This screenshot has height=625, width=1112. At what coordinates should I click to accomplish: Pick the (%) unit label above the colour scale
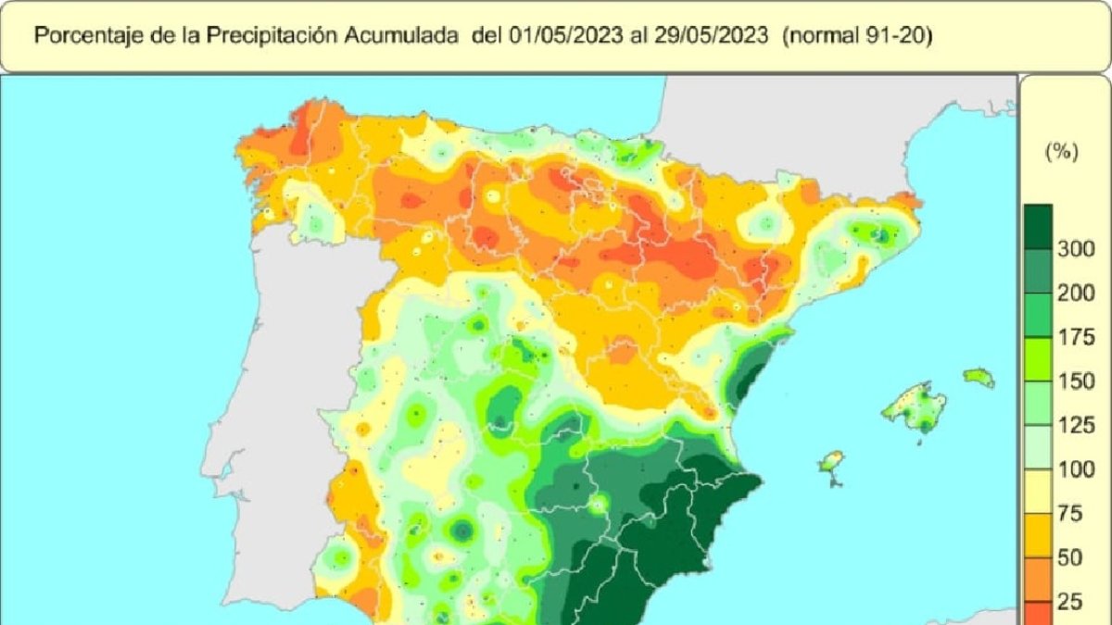(x=1061, y=154)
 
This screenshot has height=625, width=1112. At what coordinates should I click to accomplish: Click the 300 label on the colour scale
(x=1076, y=249)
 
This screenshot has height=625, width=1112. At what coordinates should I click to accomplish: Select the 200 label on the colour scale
(x=1076, y=294)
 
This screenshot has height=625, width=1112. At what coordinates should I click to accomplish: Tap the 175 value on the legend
(x=1076, y=338)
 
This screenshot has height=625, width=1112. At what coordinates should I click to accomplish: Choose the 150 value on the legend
(x=1076, y=381)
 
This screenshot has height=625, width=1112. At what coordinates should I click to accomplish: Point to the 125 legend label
(x=1076, y=426)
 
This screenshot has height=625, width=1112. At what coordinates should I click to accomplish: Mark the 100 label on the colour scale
(x=1076, y=470)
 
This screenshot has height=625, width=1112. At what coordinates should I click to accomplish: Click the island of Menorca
(x=979, y=378)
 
